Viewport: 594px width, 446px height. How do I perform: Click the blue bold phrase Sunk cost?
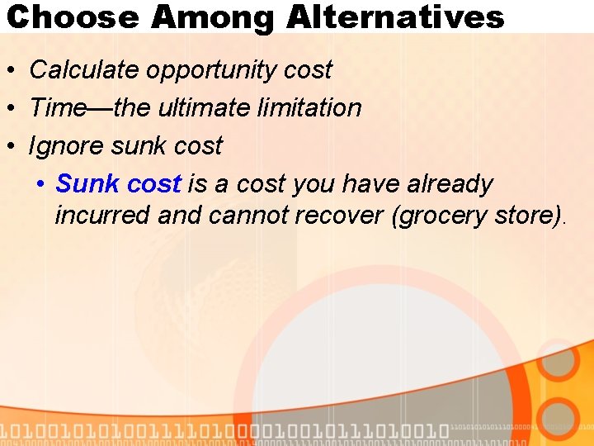tap(118, 184)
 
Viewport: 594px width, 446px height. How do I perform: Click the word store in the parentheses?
tap(526, 216)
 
